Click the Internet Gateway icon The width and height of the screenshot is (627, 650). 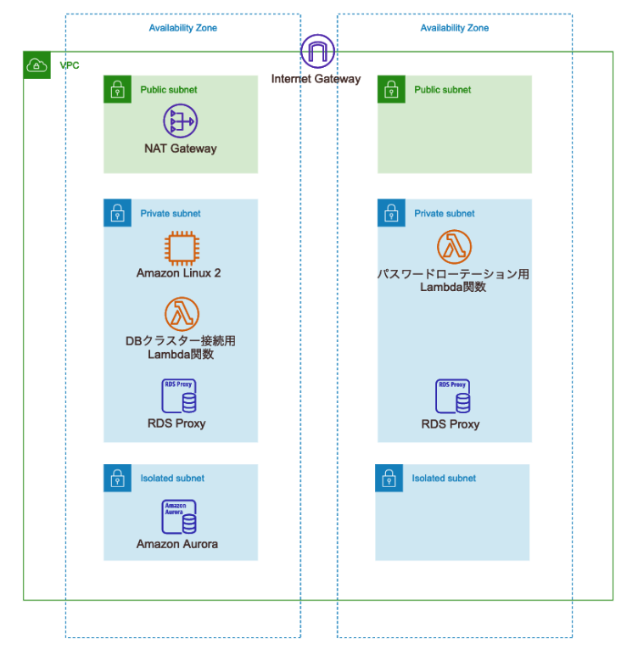click(317, 52)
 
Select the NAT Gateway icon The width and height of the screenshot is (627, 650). click(180, 121)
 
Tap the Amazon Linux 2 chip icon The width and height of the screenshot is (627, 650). click(180, 249)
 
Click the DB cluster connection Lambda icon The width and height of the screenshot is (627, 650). click(180, 313)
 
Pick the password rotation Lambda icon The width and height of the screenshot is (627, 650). click(454, 247)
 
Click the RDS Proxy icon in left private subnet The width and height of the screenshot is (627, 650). click(180, 396)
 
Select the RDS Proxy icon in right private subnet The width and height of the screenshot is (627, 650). click(453, 396)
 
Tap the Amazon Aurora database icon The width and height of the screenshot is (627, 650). click(179, 517)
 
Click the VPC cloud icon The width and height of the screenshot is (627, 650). click(36, 65)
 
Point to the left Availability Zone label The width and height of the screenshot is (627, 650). click(182, 28)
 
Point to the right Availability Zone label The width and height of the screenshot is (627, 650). click(454, 28)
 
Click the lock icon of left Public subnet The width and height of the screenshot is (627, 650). click(117, 89)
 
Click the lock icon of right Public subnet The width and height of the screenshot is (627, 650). click(390, 89)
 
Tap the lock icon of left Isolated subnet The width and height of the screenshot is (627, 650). click(117, 478)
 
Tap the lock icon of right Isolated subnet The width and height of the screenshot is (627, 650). click(389, 478)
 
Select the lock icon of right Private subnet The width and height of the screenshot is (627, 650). click(390, 213)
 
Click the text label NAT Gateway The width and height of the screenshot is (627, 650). click(180, 148)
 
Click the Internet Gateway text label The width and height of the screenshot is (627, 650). click(316, 79)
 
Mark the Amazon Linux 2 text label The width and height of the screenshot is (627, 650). click(179, 273)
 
